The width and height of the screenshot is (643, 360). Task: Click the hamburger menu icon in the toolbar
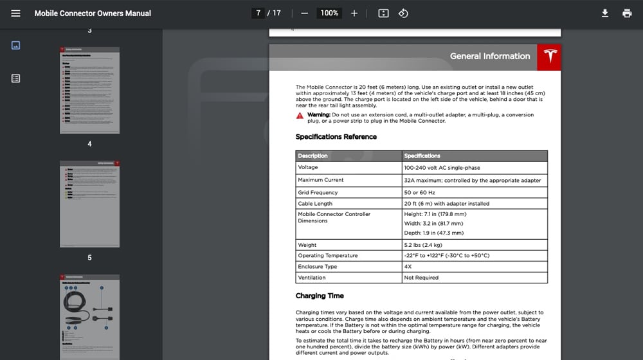click(x=16, y=13)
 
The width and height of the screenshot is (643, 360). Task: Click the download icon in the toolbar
click(x=604, y=13)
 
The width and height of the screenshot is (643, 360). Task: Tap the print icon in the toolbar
click(x=627, y=13)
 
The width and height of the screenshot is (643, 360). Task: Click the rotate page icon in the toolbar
click(x=403, y=13)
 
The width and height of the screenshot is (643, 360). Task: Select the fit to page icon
click(x=383, y=13)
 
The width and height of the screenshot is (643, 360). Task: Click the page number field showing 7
click(x=258, y=13)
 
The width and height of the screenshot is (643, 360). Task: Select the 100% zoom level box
click(x=329, y=13)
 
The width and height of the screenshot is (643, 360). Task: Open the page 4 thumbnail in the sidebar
click(x=89, y=89)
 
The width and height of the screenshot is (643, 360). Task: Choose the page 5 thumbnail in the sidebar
click(x=89, y=204)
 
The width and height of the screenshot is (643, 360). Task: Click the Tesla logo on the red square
click(x=548, y=57)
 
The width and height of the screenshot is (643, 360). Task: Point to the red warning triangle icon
click(x=300, y=116)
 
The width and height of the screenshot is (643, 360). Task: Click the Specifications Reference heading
click(x=336, y=137)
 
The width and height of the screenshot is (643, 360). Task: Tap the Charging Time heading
click(x=320, y=296)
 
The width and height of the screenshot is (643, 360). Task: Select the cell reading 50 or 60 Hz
click(x=419, y=193)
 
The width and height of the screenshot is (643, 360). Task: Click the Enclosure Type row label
click(x=317, y=266)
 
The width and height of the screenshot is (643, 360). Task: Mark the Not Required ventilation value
click(x=421, y=278)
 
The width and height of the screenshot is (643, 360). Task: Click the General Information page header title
click(x=490, y=57)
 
